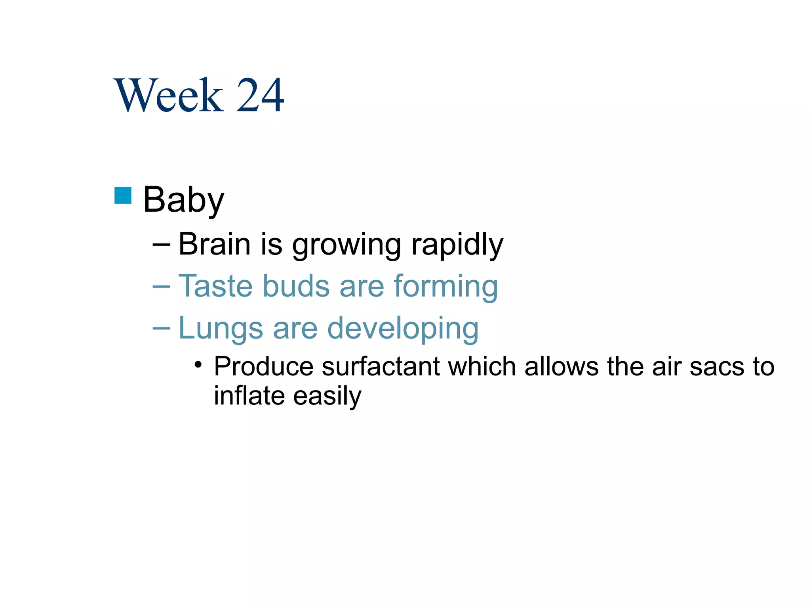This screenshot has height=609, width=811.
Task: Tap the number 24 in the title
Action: [x=260, y=95]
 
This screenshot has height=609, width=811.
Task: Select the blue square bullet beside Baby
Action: [x=123, y=195]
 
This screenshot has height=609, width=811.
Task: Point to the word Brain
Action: [x=214, y=244]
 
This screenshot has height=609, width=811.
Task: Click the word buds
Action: [x=296, y=286]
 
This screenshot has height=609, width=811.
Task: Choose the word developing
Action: [x=403, y=329]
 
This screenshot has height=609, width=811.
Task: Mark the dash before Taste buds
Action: [x=161, y=286]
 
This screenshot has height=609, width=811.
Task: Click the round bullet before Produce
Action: [x=198, y=364]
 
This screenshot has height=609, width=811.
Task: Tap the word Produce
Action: [x=263, y=366]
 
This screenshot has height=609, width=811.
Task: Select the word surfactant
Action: [x=381, y=366]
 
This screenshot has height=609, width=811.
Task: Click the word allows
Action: [x=562, y=366]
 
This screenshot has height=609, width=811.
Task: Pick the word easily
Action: [x=327, y=396]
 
